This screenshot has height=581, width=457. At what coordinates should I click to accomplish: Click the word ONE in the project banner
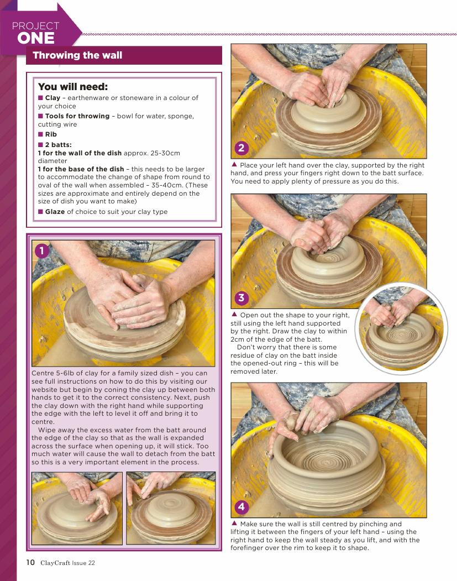[x=35, y=38]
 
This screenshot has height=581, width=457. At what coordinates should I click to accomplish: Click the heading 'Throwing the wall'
[x=77, y=55]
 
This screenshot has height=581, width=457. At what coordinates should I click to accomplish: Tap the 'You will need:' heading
[x=73, y=87]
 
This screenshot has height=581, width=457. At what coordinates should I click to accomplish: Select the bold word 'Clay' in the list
[x=52, y=98]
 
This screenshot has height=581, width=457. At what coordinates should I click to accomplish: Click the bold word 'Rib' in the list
[x=51, y=134]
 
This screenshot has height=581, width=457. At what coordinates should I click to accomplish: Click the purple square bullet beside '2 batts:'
[x=40, y=144]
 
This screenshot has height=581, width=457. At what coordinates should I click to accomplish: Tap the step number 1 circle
[x=41, y=251]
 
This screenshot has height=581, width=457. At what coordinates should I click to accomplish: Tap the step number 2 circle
[x=241, y=148]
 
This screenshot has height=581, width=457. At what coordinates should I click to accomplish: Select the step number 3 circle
[x=241, y=297]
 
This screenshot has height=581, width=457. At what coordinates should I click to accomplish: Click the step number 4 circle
[x=241, y=506]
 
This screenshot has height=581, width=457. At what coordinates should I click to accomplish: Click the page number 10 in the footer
[x=30, y=562]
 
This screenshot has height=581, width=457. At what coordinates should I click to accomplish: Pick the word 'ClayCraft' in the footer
[x=55, y=563]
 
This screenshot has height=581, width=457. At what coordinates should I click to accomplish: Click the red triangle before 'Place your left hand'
[x=234, y=164]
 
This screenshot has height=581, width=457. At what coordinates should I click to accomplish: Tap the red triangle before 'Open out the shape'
[x=234, y=314]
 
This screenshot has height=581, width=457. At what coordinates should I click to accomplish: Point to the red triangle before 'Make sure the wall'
[x=234, y=523]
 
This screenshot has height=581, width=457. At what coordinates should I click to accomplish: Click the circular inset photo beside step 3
[x=401, y=329]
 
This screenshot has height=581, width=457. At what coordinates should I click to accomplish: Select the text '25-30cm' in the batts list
[x=165, y=153]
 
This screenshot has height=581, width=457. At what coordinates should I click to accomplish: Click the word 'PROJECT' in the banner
[x=35, y=26]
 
